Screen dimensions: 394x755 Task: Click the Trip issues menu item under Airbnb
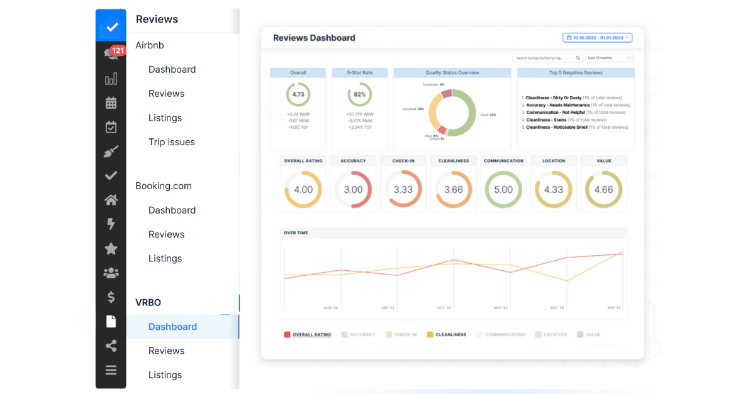click(x=171, y=142)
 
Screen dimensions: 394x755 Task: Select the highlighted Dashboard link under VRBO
click(x=172, y=327)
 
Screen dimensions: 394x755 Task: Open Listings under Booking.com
click(x=165, y=258)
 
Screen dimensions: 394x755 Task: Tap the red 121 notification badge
click(x=118, y=50)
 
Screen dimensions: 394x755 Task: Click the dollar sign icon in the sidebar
click(x=111, y=297)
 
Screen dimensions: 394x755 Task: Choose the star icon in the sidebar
click(x=111, y=249)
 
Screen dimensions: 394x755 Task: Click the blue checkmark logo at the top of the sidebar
click(x=111, y=27)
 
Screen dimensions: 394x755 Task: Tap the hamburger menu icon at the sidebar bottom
click(x=111, y=370)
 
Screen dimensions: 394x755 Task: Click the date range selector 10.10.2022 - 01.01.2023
click(x=597, y=38)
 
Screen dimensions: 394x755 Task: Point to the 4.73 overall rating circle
click(x=298, y=94)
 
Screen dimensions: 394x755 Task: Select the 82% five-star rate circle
click(x=359, y=94)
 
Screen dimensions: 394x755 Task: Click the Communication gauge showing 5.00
click(x=503, y=189)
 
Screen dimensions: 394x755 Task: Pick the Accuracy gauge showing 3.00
click(x=353, y=189)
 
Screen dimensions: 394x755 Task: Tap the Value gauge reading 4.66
click(x=603, y=189)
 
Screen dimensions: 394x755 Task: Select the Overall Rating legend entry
click(x=311, y=335)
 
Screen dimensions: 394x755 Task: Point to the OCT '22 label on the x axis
click(x=444, y=308)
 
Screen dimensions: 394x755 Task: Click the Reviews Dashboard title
click(x=314, y=38)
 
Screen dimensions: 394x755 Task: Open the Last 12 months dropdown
click(x=608, y=58)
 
